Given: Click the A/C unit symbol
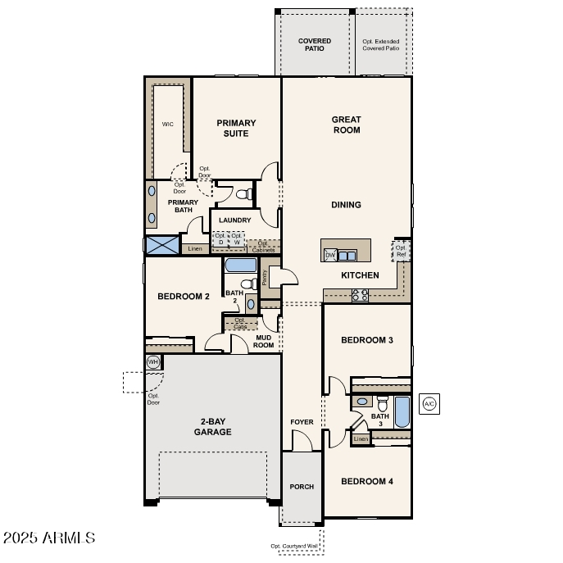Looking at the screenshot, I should tap(429, 404).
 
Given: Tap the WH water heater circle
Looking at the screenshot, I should tap(153, 361).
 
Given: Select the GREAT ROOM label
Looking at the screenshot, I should tap(346, 125).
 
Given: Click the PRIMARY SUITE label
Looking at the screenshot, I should tap(236, 128).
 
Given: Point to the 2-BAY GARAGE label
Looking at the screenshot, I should tap(212, 426).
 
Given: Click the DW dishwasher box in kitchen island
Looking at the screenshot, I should tap(330, 255).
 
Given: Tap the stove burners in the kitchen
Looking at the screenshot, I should tap(360, 294).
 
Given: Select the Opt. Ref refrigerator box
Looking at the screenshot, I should tap(402, 250).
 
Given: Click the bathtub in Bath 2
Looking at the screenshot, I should tap(240, 266).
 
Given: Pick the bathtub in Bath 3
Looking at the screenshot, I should tap(402, 412).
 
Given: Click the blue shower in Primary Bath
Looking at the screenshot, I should tap(161, 245).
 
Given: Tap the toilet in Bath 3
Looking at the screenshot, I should tap(382, 402).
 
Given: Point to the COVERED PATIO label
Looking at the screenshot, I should tap(315, 44).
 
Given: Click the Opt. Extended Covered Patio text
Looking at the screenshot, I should tap(382, 44).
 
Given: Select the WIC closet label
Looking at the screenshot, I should tap(167, 125).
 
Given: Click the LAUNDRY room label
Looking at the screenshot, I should tap(235, 220).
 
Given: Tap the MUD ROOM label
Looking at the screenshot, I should tap(264, 341).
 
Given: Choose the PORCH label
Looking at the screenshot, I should tap(302, 487).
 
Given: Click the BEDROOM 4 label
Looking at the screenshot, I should tap(366, 481).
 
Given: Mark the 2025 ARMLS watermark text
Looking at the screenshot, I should tap(49, 538).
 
